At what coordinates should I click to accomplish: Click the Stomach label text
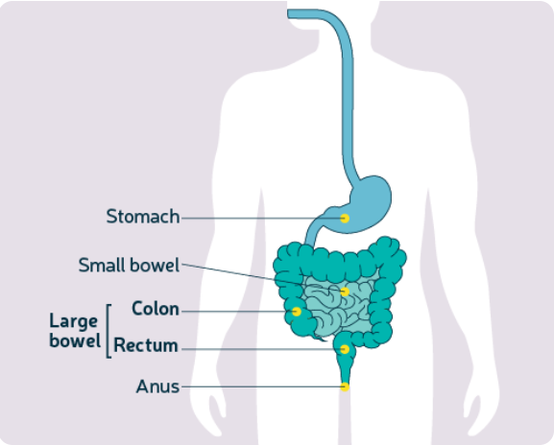pyautogui.click(x=143, y=217)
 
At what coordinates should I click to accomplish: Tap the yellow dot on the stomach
pyautogui.click(x=345, y=219)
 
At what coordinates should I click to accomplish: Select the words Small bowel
pyautogui.click(x=129, y=265)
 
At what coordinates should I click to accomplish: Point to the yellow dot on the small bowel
pyautogui.click(x=345, y=292)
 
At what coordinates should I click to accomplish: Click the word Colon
pyautogui.click(x=156, y=309)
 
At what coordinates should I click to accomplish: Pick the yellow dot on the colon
pyautogui.click(x=297, y=312)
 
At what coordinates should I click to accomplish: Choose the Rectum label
pyautogui.click(x=146, y=345)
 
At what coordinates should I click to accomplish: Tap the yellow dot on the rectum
pyautogui.click(x=345, y=349)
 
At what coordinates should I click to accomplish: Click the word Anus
pyautogui.click(x=157, y=386)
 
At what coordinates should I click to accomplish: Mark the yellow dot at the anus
pyautogui.click(x=345, y=387)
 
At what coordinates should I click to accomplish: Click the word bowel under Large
pyautogui.click(x=75, y=340)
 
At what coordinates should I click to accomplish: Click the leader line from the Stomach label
pyautogui.click(x=261, y=219)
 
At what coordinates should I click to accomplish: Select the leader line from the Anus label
pyautogui.click(x=261, y=387)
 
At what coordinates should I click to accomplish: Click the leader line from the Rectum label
pyautogui.click(x=261, y=349)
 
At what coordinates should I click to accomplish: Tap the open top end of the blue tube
pyautogui.click(x=288, y=13)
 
